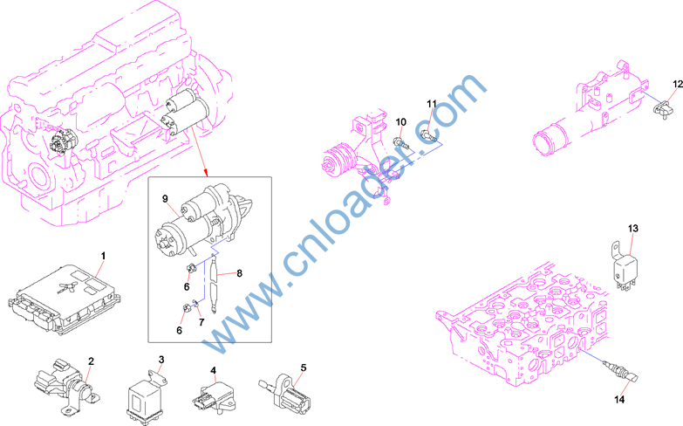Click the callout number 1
[x=103, y=256]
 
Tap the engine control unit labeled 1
[x=64, y=300]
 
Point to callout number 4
[x=213, y=370]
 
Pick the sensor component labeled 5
[x=286, y=391]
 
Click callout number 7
[x=201, y=323]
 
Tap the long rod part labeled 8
[x=214, y=283]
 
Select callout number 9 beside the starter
[x=165, y=199]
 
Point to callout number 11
[x=431, y=104]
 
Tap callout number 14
[x=619, y=399]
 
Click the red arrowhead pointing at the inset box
[x=206, y=174]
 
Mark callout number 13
[x=633, y=228]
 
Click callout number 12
[x=678, y=84]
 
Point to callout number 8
[x=239, y=273]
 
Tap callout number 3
[x=161, y=360]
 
